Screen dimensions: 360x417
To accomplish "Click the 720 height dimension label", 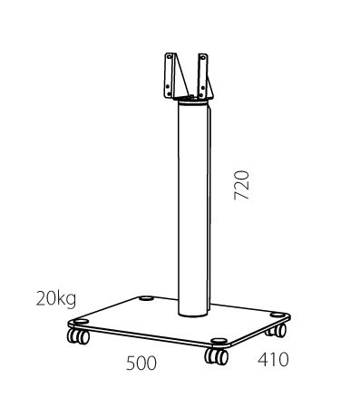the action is coord(241,185).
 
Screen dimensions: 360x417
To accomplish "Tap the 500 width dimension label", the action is coord(141,363).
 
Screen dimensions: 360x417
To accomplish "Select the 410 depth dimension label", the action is coord(273,360).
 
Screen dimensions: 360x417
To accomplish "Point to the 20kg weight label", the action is coord(56,299).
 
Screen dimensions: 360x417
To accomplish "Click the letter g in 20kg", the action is coord(71,301).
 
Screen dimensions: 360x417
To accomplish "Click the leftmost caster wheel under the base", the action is coord(78,336).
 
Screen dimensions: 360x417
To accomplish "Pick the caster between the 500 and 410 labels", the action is coord(216,356).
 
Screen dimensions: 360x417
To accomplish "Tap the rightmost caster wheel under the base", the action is coord(277,330).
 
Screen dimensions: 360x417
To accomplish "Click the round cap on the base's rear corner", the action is coord(146,299).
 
